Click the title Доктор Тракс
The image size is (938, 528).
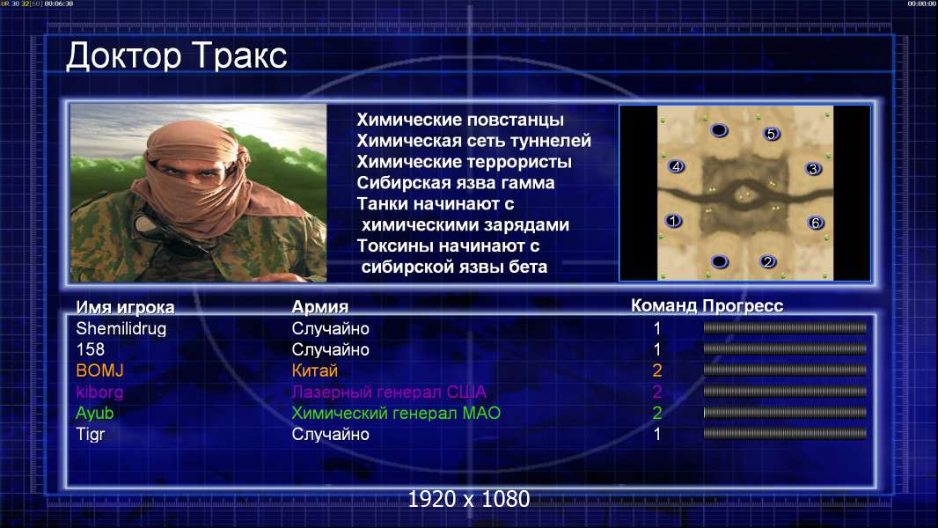(x=177, y=56)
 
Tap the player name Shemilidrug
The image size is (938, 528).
(x=121, y=329)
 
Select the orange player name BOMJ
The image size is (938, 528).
(x=100, y=370)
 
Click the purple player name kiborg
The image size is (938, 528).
(x=99, y=392)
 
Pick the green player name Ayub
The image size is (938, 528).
(x=94, y=414)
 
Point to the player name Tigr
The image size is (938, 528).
(x=91, y=434)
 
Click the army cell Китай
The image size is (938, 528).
(x=315, y=370)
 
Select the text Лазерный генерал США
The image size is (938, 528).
(x=389, y=392)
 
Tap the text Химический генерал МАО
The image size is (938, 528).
(x=396, y=414)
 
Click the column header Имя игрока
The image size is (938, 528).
(x=125, y=307)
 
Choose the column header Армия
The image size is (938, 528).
(x=320, y=307)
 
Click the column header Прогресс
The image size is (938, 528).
(x=743, y=305)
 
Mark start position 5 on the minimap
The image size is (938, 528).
(x=771, y=134)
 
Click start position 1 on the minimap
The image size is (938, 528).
(x=673, y=221)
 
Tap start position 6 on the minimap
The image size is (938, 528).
(x=816, y=223)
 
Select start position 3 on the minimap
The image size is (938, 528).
(x=813, y=169)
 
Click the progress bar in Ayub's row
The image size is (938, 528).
(x=785, y=413)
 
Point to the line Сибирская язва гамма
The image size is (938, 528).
(x=455, y=183)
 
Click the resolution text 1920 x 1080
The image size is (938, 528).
(x=469, y=499)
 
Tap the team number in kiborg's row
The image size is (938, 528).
(x=656, y=392)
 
